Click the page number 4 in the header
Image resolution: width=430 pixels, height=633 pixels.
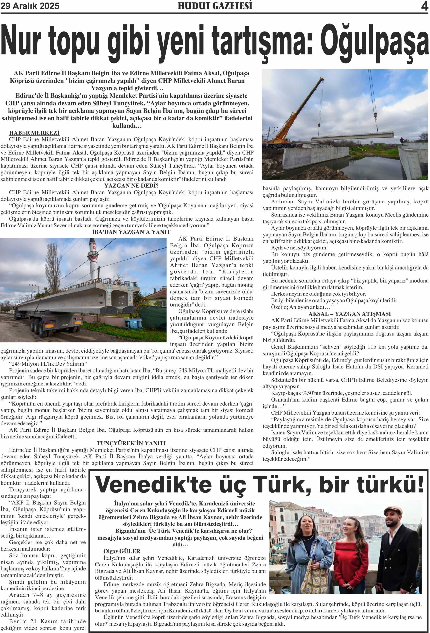coord(424,6)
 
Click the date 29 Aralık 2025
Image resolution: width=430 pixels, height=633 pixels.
coord(30,6)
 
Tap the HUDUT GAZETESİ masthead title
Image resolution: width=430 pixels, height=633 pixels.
coord(215,6)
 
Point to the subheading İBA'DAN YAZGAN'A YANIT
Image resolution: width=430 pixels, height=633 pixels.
coord(131,232)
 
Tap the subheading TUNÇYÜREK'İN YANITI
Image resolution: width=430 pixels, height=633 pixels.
coord(131,443)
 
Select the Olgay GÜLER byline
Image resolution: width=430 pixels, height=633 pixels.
coord(121,551)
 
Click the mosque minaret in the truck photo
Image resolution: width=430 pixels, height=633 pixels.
coord(92,259)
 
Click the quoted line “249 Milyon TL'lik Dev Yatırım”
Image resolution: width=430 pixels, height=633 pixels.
coord(48,364)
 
